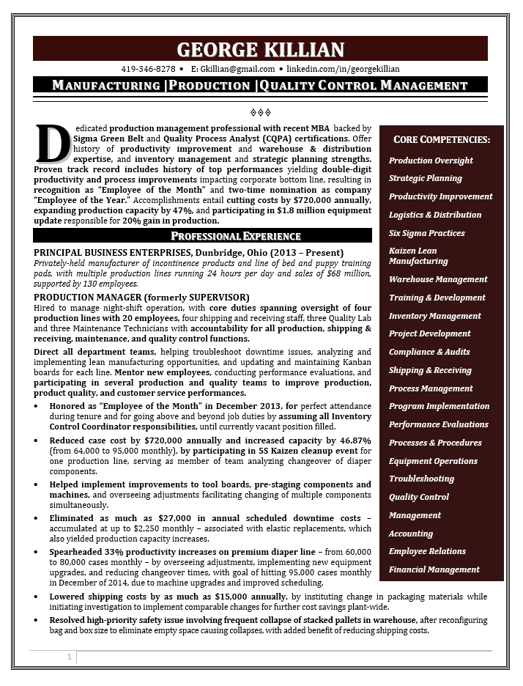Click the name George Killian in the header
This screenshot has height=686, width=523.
click(x=261, y=50)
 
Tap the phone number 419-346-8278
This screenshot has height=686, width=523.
click(x=148, y=69)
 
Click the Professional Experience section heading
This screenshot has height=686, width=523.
click(x=235, y=236)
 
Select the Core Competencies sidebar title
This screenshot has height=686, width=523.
click(x=442, y=139)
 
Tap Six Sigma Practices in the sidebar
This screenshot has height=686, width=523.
click(x=426, y=233)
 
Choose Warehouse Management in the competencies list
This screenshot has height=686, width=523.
click(x=438, y=279)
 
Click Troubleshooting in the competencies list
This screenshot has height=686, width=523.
click(x=421, y=479)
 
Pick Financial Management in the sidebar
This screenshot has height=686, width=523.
click(x=434, y=569)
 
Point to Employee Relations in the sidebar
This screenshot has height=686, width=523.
click(x=427, y=551)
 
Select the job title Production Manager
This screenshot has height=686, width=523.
click(x=81, y=297)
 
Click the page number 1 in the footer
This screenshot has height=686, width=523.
click(x=70, y=657)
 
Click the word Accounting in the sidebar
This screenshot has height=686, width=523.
click(x=410, y=534)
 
